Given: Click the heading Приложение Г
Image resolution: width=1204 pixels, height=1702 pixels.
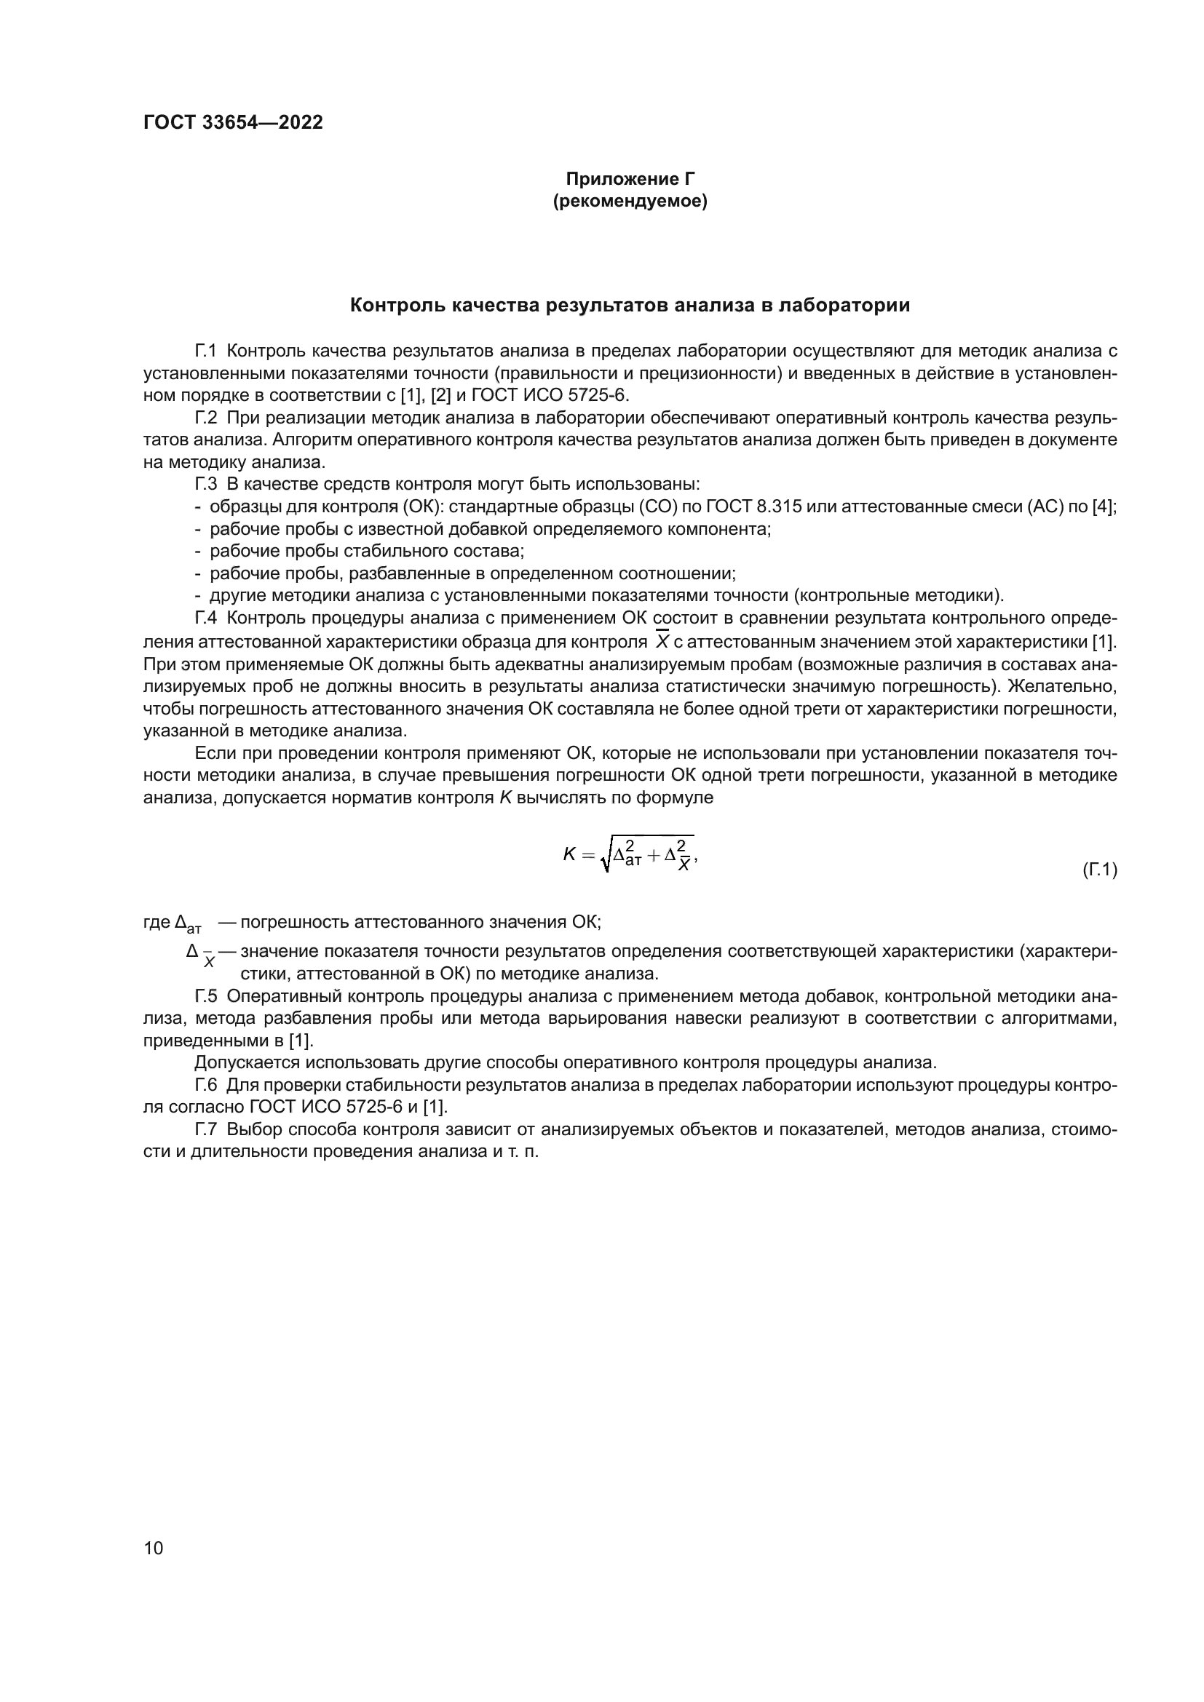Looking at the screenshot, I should coord(630,179).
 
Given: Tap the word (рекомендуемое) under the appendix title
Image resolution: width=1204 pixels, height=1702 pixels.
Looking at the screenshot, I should coord(630,202).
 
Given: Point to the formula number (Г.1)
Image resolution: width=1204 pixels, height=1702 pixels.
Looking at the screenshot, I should coord(1099,870).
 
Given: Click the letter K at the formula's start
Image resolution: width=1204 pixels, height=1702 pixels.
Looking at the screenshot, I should coord(569,855).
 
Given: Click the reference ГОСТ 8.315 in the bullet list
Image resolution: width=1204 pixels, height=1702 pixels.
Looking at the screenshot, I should coord(755,507).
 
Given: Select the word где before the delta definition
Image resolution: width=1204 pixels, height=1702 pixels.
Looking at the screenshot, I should coord(157,922).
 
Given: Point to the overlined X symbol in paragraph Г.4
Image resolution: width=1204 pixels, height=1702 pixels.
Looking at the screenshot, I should coord(663,640).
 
